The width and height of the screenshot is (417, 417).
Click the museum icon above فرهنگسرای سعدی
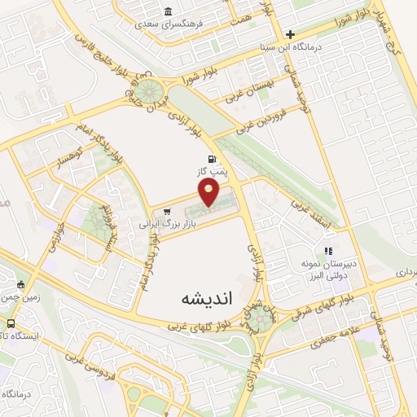[168, 11]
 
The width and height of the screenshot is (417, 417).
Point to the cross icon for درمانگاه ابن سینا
[290, 34]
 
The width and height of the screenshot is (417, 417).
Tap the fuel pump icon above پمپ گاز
[213, 159]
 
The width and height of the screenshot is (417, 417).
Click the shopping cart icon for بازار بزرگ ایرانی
[168, 212]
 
